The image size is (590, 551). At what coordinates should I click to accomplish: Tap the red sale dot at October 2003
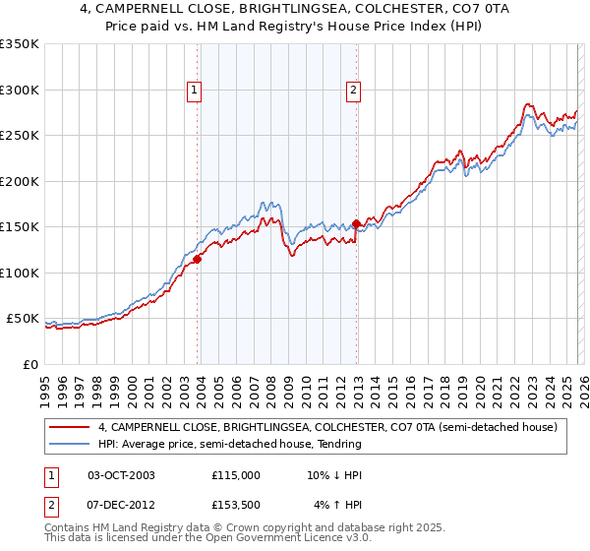(198, 259)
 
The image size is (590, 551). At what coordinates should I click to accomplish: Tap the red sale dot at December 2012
(356, 224)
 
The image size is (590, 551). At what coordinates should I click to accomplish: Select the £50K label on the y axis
(24, 319)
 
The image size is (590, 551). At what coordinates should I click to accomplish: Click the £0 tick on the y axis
(31, 365)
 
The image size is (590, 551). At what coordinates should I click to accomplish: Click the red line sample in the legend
(71, 427)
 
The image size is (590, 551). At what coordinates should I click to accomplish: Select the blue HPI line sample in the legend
(71, 444)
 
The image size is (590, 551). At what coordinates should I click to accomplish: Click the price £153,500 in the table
(236, 506)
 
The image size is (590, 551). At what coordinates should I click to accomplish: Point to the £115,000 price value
(236, 475)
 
